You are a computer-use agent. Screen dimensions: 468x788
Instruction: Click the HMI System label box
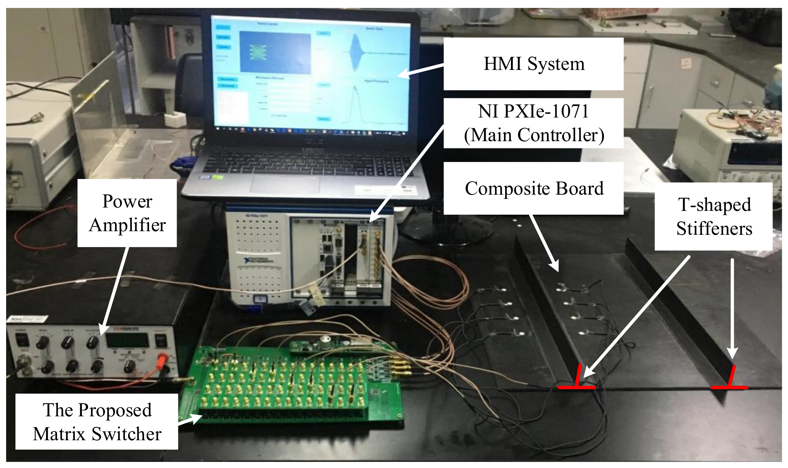coord(533,64)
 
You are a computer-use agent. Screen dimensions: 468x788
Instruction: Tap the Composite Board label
coord(533,188)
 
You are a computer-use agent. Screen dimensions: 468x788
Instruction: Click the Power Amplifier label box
coord(127,213)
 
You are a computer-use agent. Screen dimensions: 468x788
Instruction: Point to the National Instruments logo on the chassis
coord(258,260)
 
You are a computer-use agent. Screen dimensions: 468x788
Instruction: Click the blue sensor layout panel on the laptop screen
coord(275,53)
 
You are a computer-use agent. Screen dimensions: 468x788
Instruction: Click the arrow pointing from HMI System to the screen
coord(420,70)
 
